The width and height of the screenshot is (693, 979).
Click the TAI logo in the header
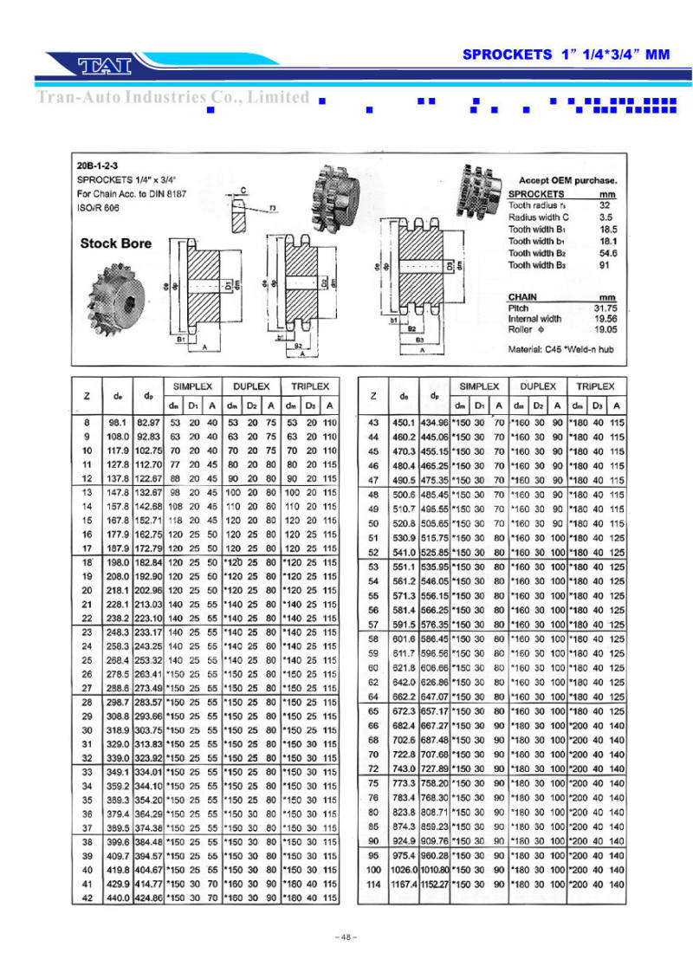click(103, 64)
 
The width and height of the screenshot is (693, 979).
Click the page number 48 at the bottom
click(346, 937)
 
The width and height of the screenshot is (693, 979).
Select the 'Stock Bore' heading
click(115, 243)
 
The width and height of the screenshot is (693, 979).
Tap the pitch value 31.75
click(603, 308)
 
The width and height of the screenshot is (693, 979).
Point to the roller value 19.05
click(603, 330)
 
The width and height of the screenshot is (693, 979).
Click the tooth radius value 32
click(606, 205)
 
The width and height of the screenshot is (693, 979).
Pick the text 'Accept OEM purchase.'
click(568, 180)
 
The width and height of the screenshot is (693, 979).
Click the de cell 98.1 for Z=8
click(118, 423)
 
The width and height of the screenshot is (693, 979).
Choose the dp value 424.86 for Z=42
click(149, 898)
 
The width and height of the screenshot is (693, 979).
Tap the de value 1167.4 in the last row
click(404, 884)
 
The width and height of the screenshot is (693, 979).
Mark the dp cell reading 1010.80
click(434, 869)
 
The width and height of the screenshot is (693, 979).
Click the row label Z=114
click(373, 884)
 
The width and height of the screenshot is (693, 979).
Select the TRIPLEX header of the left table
click(309, 386)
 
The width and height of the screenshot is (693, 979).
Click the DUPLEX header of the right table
click(538, 386)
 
